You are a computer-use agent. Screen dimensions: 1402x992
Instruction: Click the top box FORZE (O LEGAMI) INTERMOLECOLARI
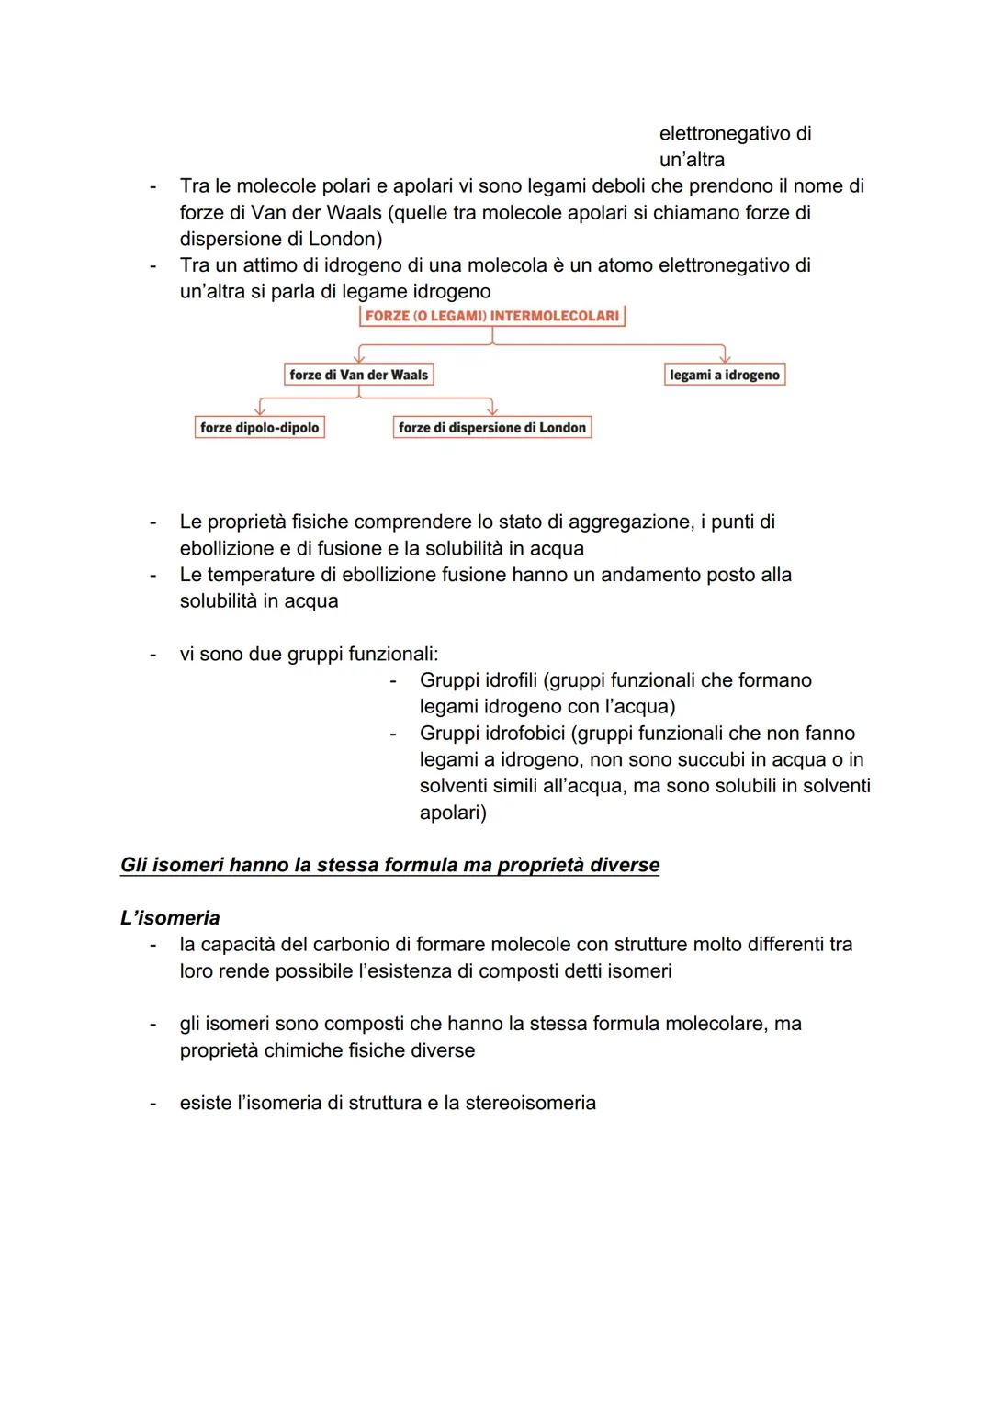[x=491, y=316]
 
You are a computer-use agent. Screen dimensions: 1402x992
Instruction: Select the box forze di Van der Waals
[x=358, y=375]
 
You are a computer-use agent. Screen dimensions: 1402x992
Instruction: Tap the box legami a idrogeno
[x=725, y=375]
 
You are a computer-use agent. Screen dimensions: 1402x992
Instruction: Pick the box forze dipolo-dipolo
[x=260, y=427]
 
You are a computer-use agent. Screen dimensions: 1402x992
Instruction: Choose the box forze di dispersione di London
[x=492, y=427]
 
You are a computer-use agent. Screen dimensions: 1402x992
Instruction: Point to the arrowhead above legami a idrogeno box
[x=725, y=357]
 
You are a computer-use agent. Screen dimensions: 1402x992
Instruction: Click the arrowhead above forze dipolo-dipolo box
[x=261, y=409]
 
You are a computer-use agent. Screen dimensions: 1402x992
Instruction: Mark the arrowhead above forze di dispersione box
[x=492, y=409]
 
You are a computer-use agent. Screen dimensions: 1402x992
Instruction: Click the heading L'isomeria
[x=170, y=918]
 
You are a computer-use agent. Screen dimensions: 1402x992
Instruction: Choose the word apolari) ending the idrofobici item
[x=453, y=813]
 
